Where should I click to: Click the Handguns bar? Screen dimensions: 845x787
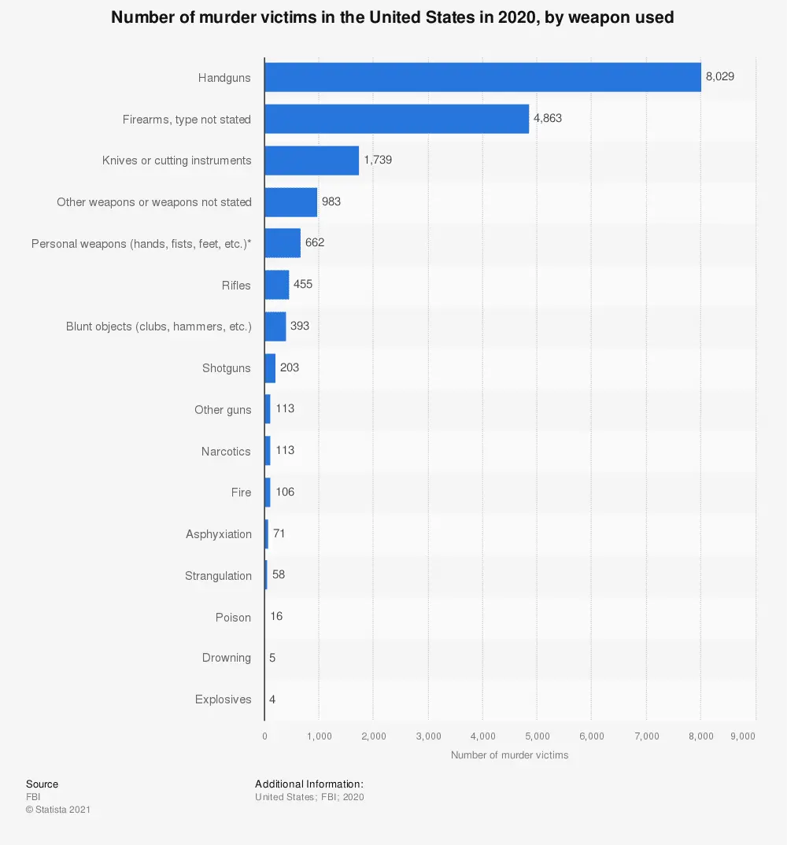[x=482, y=77]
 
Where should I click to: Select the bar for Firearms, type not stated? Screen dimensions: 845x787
[x=397, y=119]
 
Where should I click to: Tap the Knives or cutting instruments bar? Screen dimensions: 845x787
[x=312, y=161]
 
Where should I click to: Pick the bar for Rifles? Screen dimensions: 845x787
[x=277, y=285]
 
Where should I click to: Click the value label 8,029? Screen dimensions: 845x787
[x=719, y=77]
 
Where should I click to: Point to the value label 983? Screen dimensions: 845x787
[x=331, y=201]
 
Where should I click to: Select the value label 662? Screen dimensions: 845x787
[x=315, y=243]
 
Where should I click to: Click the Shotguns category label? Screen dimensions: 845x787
[x=227, y=368]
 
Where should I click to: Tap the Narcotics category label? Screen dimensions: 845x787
[x=226, y=452]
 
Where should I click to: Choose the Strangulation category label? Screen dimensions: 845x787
[x=218, y=576]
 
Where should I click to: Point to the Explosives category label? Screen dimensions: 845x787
[x=224, y=699]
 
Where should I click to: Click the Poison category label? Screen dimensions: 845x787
[x=233, y=618]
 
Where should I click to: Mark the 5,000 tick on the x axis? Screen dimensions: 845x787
[x=537, y=736]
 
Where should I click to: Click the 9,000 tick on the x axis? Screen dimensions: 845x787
[x=743, y=736]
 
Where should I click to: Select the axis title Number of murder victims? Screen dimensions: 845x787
[x=509, y=755]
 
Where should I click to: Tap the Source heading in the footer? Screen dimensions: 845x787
[x=42, y=784]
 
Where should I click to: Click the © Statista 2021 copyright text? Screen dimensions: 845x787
[x=57, y=810]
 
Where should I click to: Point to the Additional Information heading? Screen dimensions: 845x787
[x=309, y=784]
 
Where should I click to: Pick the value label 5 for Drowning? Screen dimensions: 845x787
[x=272, y=658]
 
